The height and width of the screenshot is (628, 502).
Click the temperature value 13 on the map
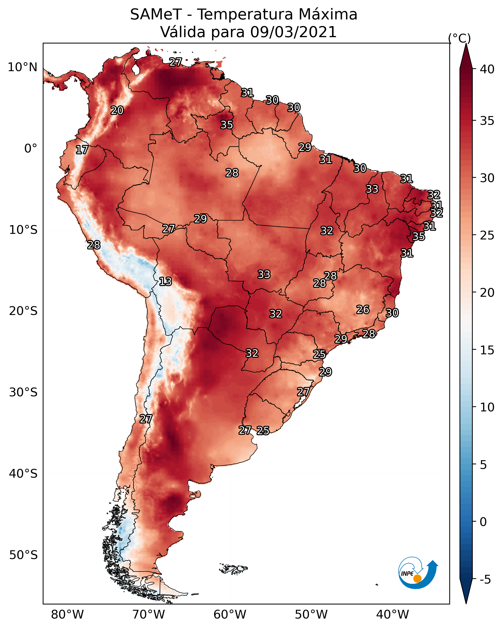coord(165,281)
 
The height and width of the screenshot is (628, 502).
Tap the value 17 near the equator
coord(82,150)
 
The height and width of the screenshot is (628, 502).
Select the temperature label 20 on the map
coord(117,110)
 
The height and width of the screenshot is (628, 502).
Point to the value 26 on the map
coord(363,310)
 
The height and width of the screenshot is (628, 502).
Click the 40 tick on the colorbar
coord(487,69)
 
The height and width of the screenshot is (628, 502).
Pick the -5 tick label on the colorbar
coord(485,580)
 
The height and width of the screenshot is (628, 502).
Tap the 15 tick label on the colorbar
coord(487,350)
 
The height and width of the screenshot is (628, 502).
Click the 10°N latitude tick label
coord(22,67)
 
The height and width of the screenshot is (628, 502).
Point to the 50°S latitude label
coord(23,555)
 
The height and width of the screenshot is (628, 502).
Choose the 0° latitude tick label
coord(31,149)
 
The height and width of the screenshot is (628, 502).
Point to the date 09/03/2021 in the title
coord(293,32)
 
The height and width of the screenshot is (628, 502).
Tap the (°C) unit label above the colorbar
coord(459,38)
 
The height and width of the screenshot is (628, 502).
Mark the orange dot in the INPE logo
coord(417,578)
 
